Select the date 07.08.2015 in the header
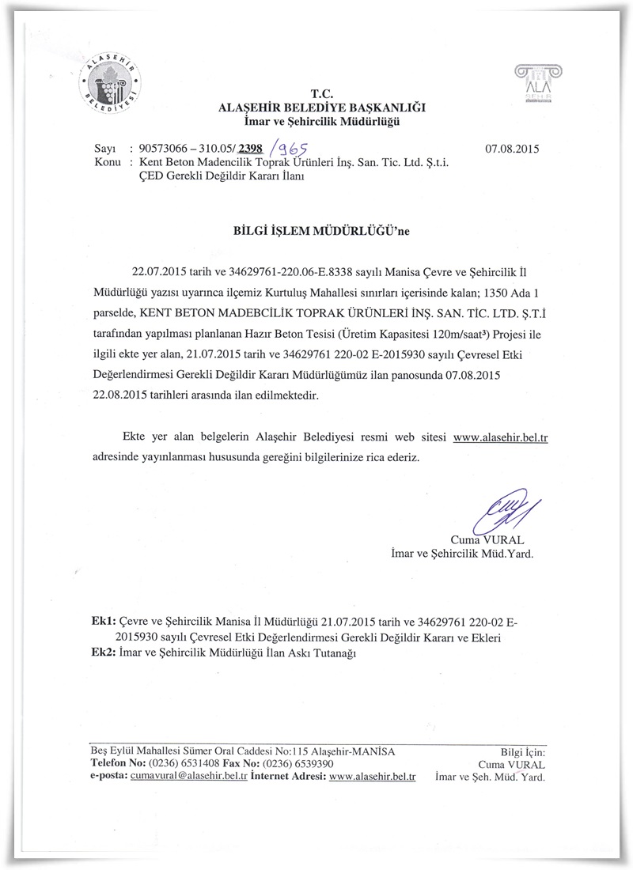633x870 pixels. click(511, 148)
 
